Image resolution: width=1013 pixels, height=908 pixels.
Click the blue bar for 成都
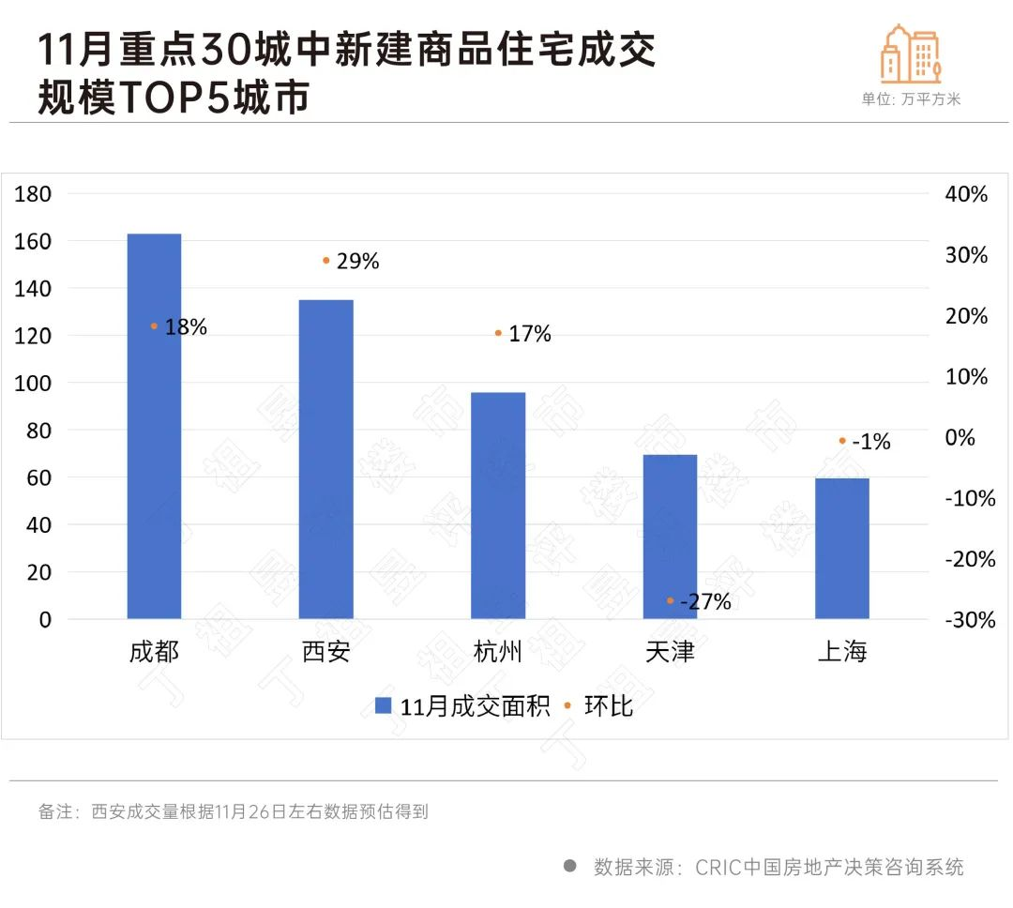coord(154,426)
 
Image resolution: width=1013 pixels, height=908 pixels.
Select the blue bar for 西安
coord(326,460)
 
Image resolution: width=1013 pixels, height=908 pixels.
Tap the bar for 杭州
coord(498,506)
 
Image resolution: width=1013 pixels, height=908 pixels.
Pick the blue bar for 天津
coord(670,537)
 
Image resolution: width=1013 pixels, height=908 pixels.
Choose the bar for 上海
coord(842,549)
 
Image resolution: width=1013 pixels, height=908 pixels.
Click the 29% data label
coord(357,262)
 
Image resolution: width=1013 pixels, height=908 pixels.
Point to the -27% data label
coord(705,602)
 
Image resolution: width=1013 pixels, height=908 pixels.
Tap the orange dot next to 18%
coord(154,326)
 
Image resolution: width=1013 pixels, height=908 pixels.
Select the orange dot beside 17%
coord(498,333)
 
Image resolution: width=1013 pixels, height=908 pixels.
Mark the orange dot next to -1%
coord(842,440)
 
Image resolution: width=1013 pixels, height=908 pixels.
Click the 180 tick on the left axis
coord(34,194)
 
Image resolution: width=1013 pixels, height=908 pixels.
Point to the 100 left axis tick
coord(34,383)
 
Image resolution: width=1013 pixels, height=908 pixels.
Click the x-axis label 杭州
coord(498,652)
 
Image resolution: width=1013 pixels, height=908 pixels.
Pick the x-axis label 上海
coord(842,652)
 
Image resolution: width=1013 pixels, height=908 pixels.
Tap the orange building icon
coord(910,53)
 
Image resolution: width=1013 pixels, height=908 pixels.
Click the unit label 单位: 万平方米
coord(911,99)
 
